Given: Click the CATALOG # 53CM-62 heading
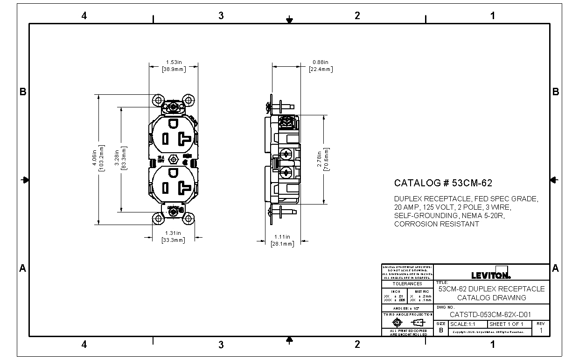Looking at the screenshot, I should (x=443, y=183).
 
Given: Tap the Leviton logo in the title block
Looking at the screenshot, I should (x=491, y=275).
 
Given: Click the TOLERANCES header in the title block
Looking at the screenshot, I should (x=407, y=283).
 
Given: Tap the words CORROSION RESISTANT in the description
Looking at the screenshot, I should (x=436, y=224).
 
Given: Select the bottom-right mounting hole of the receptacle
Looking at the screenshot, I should (x=188, y=218).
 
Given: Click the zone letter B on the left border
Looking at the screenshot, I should (x=22, y=92).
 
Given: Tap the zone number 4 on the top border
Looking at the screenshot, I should (x=84, y=16).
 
